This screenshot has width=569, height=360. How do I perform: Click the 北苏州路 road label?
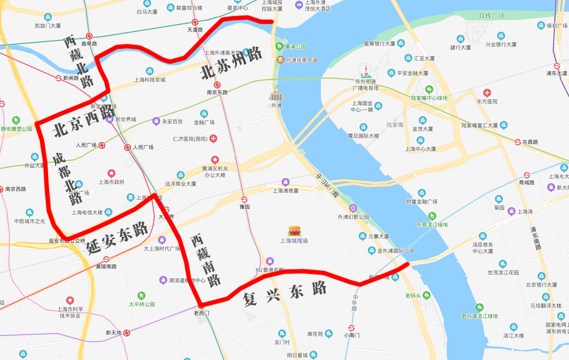pos(231,64)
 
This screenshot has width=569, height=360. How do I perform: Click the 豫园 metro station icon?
pos(244,199)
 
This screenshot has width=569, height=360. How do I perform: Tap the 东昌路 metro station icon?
pos(518,142)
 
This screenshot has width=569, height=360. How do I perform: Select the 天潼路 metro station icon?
pos(195,22)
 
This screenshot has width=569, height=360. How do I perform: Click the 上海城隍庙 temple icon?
pos(294,231)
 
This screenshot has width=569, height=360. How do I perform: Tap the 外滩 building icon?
pos(276,93)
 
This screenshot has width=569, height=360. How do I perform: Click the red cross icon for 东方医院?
pos(487,93)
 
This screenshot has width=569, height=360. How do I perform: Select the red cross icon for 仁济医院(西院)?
pos(213,139)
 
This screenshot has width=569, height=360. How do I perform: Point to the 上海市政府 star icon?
pos(111,173)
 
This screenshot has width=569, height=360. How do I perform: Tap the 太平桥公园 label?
pos(142,304)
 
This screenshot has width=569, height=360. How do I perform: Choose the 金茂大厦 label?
pos(422,129)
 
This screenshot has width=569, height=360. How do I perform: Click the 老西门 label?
pos(202,313)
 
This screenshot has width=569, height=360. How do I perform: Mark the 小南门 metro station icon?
pos(351,328)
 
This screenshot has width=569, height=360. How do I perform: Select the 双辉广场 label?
pos(491,16)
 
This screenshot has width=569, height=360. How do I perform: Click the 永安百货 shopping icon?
pos(156,121)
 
